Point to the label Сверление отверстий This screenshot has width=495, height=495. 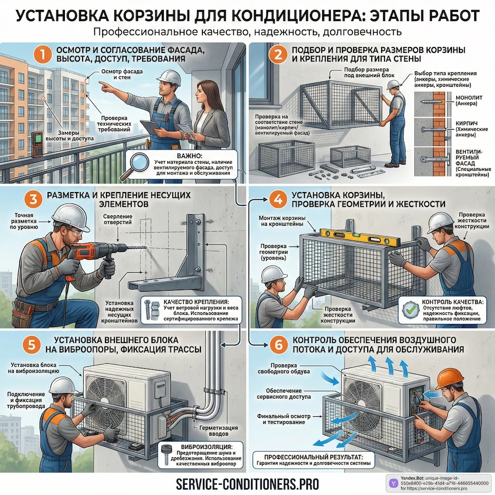coord(117,220)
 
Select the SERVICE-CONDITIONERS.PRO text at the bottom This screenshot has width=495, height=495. coord(247,483)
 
